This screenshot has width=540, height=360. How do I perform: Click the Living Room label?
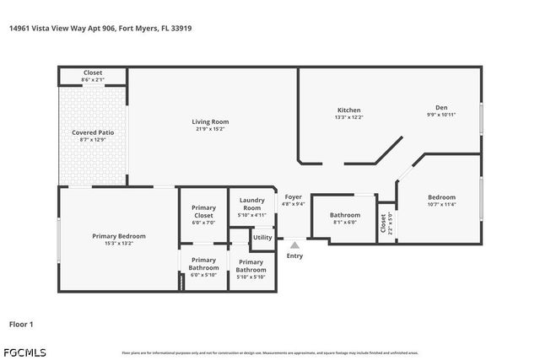[x=210, y=122]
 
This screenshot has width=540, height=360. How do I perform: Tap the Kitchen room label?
[x=349, y=110]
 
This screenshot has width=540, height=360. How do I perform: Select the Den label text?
[x=441, y=107]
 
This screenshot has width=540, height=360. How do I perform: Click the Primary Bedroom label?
[x=119, y=236]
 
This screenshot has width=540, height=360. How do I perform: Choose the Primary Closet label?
[x=203, y=212]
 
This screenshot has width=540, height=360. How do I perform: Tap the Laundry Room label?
[x=251, y=204]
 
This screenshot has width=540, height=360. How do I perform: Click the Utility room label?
[x=262, y=238]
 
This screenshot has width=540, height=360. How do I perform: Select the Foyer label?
[x=293, y=197]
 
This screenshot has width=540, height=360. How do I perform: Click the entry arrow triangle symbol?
[x=294, y=244]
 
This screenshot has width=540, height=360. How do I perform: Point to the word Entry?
[x=294, y=256]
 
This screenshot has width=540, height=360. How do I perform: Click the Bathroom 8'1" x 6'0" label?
[x=344, y=215]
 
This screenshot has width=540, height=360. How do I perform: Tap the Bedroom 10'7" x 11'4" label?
[x=441, y=197]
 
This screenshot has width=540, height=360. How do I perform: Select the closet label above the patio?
[x=93, y=73]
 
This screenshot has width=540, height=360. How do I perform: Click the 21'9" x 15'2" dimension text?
[x=210, y=129]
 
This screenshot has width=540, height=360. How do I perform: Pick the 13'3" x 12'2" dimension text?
[x=349, y=117]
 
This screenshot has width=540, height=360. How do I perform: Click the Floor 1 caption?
[x=21, y=324]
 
